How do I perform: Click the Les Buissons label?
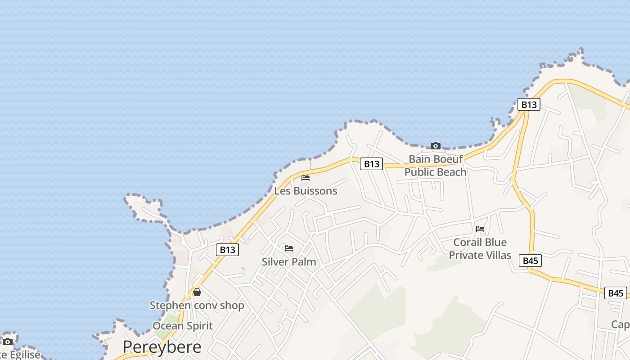[x=306, y=191]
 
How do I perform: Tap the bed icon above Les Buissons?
[x=306, y=177]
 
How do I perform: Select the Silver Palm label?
[x=289, y=261]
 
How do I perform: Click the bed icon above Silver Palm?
[x=289, y=248]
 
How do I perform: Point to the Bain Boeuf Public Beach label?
[x=435, y=166]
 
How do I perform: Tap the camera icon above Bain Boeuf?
[x=435, y=146]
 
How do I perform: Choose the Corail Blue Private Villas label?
[x=480, y=249]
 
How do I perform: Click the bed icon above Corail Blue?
[x=480, y=229]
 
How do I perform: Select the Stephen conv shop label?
[x=197, y=305]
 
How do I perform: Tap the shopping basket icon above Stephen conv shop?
[x=197, y=292]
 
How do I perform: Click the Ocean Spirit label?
[x=182, y=325]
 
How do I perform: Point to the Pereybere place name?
[x=162, y=347]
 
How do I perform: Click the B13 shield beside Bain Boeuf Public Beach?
[x=371, y=164]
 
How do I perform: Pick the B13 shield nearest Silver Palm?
[x=227, y=250]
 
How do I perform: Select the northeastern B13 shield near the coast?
[x=529, y=104]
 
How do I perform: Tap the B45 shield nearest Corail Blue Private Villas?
[x=530, y=261]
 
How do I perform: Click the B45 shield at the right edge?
[x=615, y=293]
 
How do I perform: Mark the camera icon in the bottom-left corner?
[x=8, y=342]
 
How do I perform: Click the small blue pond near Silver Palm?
[x=243, y=269]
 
